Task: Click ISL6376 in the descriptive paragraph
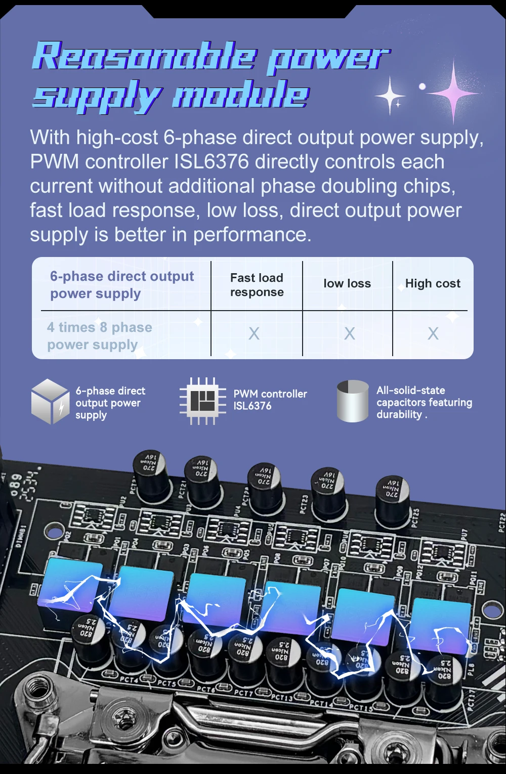[x=212, y=162]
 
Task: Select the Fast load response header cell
[x=257, y=285]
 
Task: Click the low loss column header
[x=347, y=284]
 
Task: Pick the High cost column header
[x=433, y=284]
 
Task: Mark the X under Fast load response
[x=254, y=333]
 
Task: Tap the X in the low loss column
[x=349, y=333]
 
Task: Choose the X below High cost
[x=433, y=333]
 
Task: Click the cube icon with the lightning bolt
[x=50, y=401]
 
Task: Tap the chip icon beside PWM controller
[x=202, y=401]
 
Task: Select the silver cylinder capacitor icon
[x=352, y=401]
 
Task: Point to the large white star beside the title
[x=390, y=95]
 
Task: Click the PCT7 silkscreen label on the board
[x=243, y=693]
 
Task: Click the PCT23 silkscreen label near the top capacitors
[x=304, y=503]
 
